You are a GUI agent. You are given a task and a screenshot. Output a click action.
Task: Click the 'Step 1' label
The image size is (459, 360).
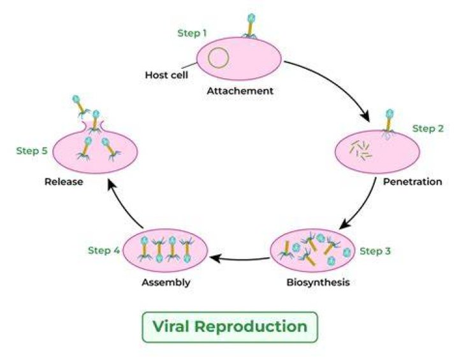192,33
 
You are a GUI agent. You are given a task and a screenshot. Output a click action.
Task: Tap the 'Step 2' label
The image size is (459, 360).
428,129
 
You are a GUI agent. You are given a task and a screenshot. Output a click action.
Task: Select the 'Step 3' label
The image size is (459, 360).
375,251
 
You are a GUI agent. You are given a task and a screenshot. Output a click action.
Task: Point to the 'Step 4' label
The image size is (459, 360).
104,250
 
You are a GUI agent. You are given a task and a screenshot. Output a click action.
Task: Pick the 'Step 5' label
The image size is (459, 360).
32,151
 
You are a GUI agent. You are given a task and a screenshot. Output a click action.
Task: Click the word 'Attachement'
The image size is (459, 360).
240,91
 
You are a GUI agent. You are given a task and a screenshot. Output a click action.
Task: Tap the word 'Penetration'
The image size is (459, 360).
412,182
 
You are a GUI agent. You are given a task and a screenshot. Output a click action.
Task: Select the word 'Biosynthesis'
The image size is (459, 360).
318,282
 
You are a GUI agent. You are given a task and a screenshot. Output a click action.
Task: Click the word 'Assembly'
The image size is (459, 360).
166,282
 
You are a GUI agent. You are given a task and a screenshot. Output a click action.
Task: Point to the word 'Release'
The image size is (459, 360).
64,182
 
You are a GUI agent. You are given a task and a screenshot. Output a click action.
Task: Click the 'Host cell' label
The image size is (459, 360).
166,75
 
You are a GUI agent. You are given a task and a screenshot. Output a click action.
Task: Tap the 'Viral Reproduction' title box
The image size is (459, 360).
229,327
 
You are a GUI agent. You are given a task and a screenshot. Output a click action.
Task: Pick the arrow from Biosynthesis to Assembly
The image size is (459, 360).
240,259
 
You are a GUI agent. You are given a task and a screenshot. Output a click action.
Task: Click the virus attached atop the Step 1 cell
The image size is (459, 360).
250,26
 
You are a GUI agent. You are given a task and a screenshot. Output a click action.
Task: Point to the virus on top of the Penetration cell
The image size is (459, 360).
388,124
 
